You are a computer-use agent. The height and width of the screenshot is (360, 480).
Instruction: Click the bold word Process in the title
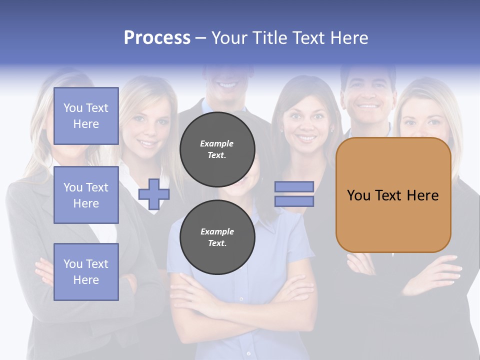(157, 38)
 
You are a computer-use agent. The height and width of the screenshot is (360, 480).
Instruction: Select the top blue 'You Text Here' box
(86, 116)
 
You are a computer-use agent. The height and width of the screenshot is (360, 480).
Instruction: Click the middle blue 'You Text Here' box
(86, 195)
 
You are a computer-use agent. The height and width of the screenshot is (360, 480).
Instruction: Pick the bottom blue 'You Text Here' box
(86, 272)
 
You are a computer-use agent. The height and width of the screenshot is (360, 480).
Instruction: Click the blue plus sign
(153, 194)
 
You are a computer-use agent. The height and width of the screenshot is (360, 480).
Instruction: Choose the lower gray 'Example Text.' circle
(217, 237)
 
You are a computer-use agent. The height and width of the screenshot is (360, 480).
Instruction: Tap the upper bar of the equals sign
(294, 187)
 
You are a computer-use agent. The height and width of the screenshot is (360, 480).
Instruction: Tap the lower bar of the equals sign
(294, 201)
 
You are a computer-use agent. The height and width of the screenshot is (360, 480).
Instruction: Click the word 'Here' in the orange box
(422, 195)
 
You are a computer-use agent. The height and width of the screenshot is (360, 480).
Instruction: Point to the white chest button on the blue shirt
(241, 298)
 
